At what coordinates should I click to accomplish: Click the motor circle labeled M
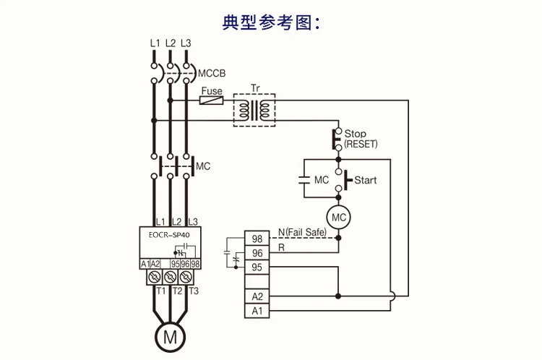(171, 336)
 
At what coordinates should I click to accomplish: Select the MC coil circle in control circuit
(337, 216)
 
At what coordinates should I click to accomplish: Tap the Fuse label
(211, 91)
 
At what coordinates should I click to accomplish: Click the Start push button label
(365, 179)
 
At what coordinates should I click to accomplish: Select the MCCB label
(212, 72)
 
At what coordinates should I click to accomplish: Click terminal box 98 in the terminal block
(256, 239)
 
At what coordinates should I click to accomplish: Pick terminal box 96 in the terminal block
(256, 253)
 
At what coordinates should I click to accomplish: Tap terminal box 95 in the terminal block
(256, 267)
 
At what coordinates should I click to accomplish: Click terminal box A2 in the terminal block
(256, 296)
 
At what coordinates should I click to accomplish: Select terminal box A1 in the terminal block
(256, 311)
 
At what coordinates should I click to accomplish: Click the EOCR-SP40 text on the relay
(169, 233)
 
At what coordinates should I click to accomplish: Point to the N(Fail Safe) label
(301, 232)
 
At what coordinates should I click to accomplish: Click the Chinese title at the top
(270, 22)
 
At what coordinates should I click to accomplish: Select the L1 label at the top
(155, 43)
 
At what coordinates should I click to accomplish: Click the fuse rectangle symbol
(210, 100)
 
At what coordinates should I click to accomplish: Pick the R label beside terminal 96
(281, 247)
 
